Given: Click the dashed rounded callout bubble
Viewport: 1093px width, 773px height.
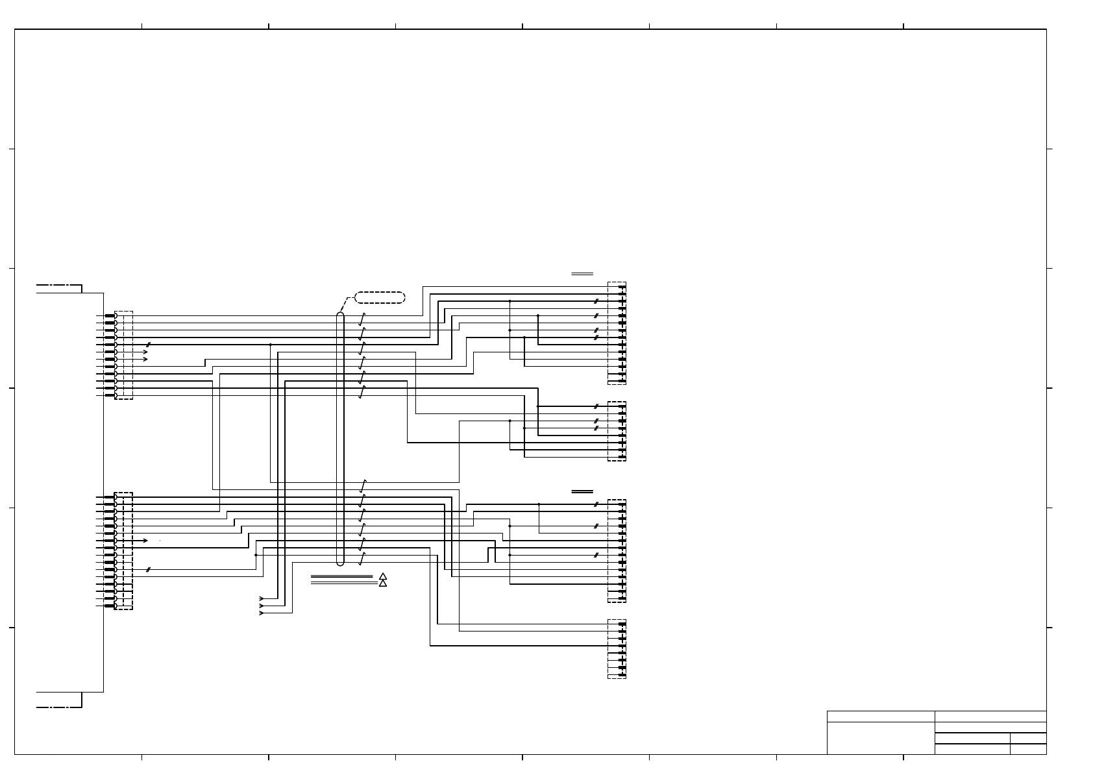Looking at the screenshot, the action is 380,298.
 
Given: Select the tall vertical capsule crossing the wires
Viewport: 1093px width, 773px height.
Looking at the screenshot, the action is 340,439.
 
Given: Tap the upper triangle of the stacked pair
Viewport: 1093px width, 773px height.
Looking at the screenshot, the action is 383,576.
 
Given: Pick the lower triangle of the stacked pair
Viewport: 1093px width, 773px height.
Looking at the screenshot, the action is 383,583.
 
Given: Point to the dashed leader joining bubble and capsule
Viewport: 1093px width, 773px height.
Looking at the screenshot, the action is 347,304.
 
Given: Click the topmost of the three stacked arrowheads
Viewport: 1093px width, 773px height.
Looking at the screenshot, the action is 262,598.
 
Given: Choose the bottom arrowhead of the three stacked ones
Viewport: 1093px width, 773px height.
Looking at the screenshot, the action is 262,613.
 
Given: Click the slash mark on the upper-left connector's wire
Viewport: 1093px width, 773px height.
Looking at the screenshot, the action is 149,345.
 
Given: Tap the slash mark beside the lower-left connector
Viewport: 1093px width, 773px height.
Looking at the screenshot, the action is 149,570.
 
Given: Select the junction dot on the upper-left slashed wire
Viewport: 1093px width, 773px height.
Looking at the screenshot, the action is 270,345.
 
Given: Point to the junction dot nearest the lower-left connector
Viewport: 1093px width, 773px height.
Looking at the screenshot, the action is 256,555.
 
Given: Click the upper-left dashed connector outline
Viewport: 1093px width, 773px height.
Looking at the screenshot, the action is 124,355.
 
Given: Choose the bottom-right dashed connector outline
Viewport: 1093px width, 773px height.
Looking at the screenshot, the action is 617,649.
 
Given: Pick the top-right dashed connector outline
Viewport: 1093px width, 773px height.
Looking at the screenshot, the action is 617,334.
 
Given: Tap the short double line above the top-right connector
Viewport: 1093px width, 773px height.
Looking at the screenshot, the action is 582,275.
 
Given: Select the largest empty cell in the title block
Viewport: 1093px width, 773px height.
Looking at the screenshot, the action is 881,738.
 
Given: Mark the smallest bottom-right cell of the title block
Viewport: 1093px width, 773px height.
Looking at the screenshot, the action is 1028,749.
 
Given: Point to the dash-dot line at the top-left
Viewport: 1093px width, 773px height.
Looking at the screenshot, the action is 58,285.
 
